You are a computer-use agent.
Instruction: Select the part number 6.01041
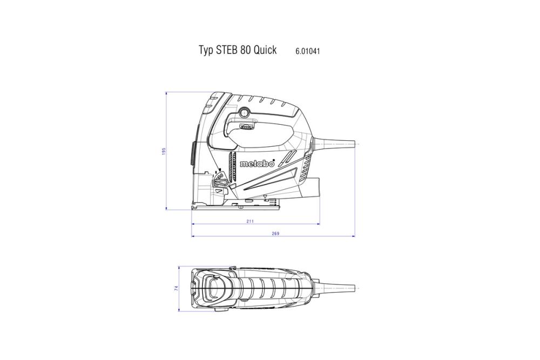coord(308,51)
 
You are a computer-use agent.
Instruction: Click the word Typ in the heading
coord(206,51)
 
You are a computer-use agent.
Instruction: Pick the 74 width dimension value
coord(177,289)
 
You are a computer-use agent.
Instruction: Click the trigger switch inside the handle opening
coord(246,127)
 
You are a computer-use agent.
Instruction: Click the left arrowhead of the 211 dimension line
coord(193,223)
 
